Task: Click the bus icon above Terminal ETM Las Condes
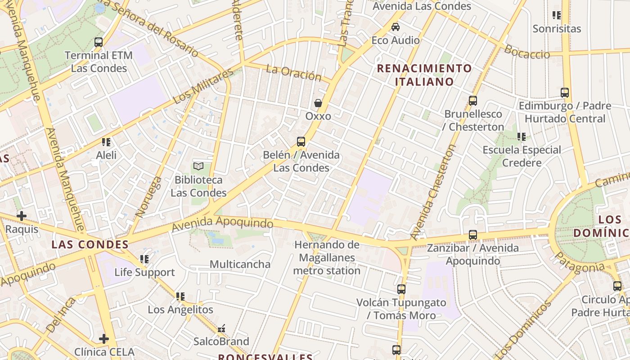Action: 99,42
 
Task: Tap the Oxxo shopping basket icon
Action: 318,103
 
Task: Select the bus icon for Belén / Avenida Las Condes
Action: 301,142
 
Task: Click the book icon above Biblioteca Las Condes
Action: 198,166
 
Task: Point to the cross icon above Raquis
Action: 21,216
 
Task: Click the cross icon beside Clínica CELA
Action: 104,338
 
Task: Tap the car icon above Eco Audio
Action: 396,27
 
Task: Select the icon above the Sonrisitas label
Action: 557,15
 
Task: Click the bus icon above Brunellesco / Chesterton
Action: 472,101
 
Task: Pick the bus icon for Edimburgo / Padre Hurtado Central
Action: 565,93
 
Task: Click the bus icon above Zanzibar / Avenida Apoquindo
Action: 472,234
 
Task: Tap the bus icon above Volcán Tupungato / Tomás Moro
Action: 401,289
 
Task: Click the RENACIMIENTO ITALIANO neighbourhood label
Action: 424,75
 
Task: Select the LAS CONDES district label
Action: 90,245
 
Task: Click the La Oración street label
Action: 293,72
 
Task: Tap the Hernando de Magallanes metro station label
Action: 327,258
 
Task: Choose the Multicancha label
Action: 240,264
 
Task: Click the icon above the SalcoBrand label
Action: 221,329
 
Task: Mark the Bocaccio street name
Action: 526,52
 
